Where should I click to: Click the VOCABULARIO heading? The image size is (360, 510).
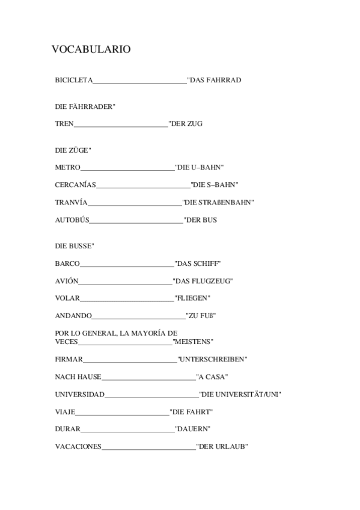coord(91,50)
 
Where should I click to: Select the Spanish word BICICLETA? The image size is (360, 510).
coord(73,80)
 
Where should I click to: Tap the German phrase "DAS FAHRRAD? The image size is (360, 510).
coord(214,80)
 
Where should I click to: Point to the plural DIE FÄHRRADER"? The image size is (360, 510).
coord(85,106)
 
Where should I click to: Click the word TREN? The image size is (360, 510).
coord(64,124)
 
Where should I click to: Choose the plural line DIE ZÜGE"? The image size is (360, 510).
coord(73,150)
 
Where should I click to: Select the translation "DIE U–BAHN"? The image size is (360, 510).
coord(200,167)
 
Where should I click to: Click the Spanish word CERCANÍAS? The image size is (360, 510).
coord(75,185)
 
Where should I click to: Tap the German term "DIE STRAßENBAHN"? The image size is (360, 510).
coord(218,203)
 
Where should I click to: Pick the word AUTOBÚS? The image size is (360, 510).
coord(72,220)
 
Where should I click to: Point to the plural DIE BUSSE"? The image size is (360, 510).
coord(74,246)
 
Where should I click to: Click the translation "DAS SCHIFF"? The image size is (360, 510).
coord(198,263)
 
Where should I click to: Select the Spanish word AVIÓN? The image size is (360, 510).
coord(66,281)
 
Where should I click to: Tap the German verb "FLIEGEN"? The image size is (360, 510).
coord(192,298)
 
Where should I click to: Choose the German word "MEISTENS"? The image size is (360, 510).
coord(193,342)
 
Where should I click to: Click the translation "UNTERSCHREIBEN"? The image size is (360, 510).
coord(212,360)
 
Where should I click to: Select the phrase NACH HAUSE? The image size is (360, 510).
coord(78,377)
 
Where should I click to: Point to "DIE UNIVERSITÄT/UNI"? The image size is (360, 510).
coord(240,395)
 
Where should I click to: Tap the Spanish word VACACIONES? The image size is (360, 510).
coord(78,447)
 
